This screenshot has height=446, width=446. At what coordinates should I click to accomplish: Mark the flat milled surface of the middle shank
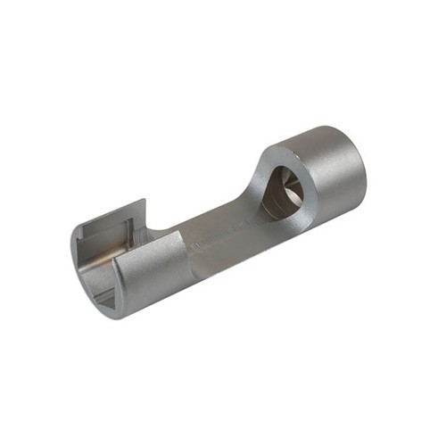[x=223, y=232]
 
